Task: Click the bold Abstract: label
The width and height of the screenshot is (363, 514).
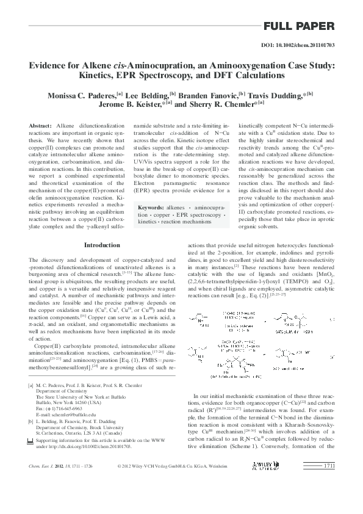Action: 40,125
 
